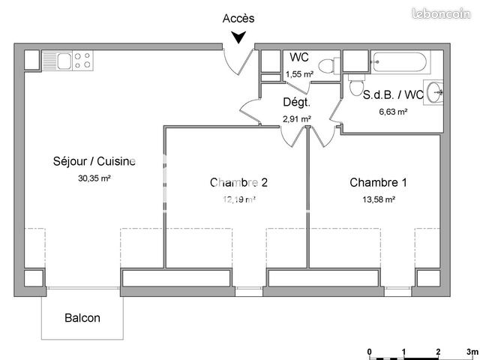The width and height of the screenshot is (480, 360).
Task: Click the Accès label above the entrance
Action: click(x=239, y=18)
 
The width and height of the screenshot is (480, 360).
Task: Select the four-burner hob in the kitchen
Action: click(x=82, y=59)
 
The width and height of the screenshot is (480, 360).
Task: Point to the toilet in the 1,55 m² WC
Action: click(x=325, y=67)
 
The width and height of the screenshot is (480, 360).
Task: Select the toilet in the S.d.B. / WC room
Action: click(x=355, y=88)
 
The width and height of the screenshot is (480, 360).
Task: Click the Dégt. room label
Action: click(x=296, y=103)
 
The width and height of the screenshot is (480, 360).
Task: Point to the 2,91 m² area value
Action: click(x=296, y=118)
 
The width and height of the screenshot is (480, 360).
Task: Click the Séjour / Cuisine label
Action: click(x=94, y=161)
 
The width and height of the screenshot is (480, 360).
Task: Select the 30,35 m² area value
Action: click(x=94, y=178)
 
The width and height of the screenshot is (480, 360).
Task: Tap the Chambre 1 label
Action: click(x=379, y=182)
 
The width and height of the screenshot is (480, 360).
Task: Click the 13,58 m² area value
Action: click(x=379, y=199)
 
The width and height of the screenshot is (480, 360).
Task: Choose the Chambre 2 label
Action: click(x=239, y=182)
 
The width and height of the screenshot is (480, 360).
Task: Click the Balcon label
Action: click(x=81, y=318)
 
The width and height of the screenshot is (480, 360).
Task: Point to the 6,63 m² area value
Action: click(x=392, y=112)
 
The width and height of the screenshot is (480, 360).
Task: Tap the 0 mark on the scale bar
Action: click(x=369, y=351)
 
